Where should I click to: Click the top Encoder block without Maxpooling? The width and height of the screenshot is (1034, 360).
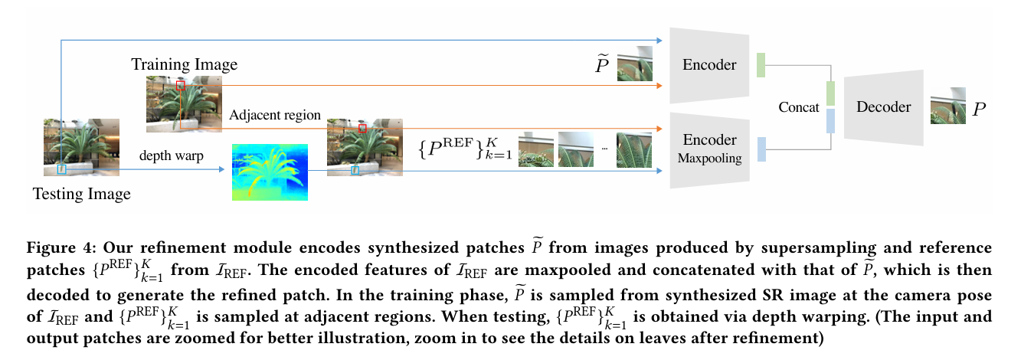(709, 65)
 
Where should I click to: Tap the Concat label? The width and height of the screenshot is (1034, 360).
(799, 107)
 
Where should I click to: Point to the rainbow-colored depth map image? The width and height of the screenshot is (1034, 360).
(270, 172)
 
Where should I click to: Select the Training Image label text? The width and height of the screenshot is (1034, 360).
(184, 64)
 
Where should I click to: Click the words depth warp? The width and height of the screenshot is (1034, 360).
(171, 155)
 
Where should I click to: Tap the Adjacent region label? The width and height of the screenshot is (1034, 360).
(274, 115)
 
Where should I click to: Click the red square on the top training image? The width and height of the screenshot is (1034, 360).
(181, 84)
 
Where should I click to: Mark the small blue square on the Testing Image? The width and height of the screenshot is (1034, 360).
(62, 169)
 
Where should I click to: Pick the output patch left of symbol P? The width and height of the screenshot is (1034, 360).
(948, 110)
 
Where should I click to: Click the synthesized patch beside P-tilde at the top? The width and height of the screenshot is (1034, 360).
(635, 64)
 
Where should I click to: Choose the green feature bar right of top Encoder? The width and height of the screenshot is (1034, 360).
(761, 65)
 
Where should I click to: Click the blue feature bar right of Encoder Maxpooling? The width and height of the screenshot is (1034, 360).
(761, 149)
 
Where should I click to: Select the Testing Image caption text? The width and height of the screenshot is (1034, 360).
(81, 194)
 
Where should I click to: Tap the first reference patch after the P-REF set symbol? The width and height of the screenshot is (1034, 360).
(536, 150)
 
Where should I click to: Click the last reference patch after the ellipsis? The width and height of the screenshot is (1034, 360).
(634, 150)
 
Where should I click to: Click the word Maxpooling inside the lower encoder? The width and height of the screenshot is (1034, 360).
(709, 159)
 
